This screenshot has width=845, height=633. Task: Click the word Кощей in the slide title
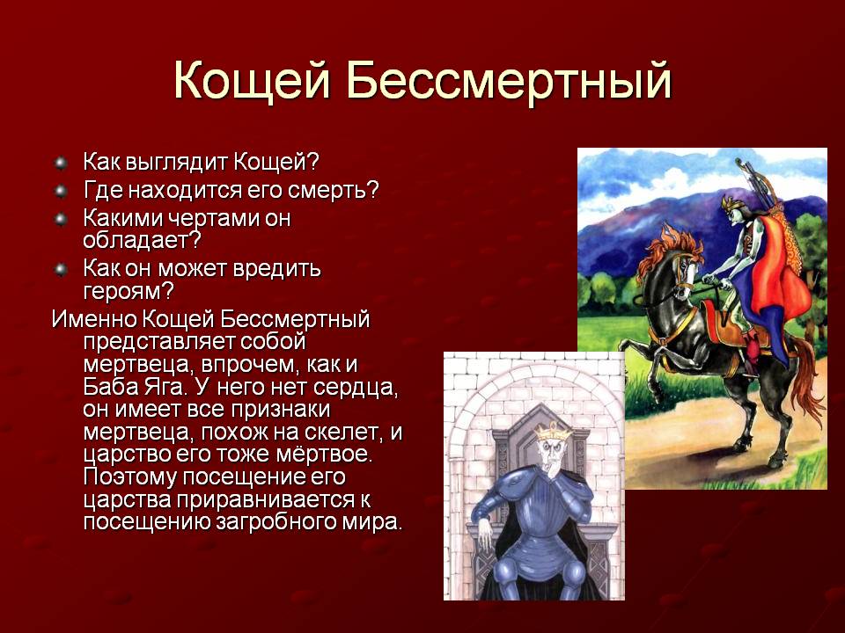pyautogui.click(x=252, y=82)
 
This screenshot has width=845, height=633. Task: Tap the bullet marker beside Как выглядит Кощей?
pyautogui.click(x=61, y=163)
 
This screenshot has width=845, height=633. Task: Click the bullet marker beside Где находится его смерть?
pyautogui.click(x=61, y=191)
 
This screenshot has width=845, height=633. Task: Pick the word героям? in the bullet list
pyautogui.click(x=129, y=292)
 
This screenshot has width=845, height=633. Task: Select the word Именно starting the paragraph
pyautogui.click(x=94, y=319)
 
